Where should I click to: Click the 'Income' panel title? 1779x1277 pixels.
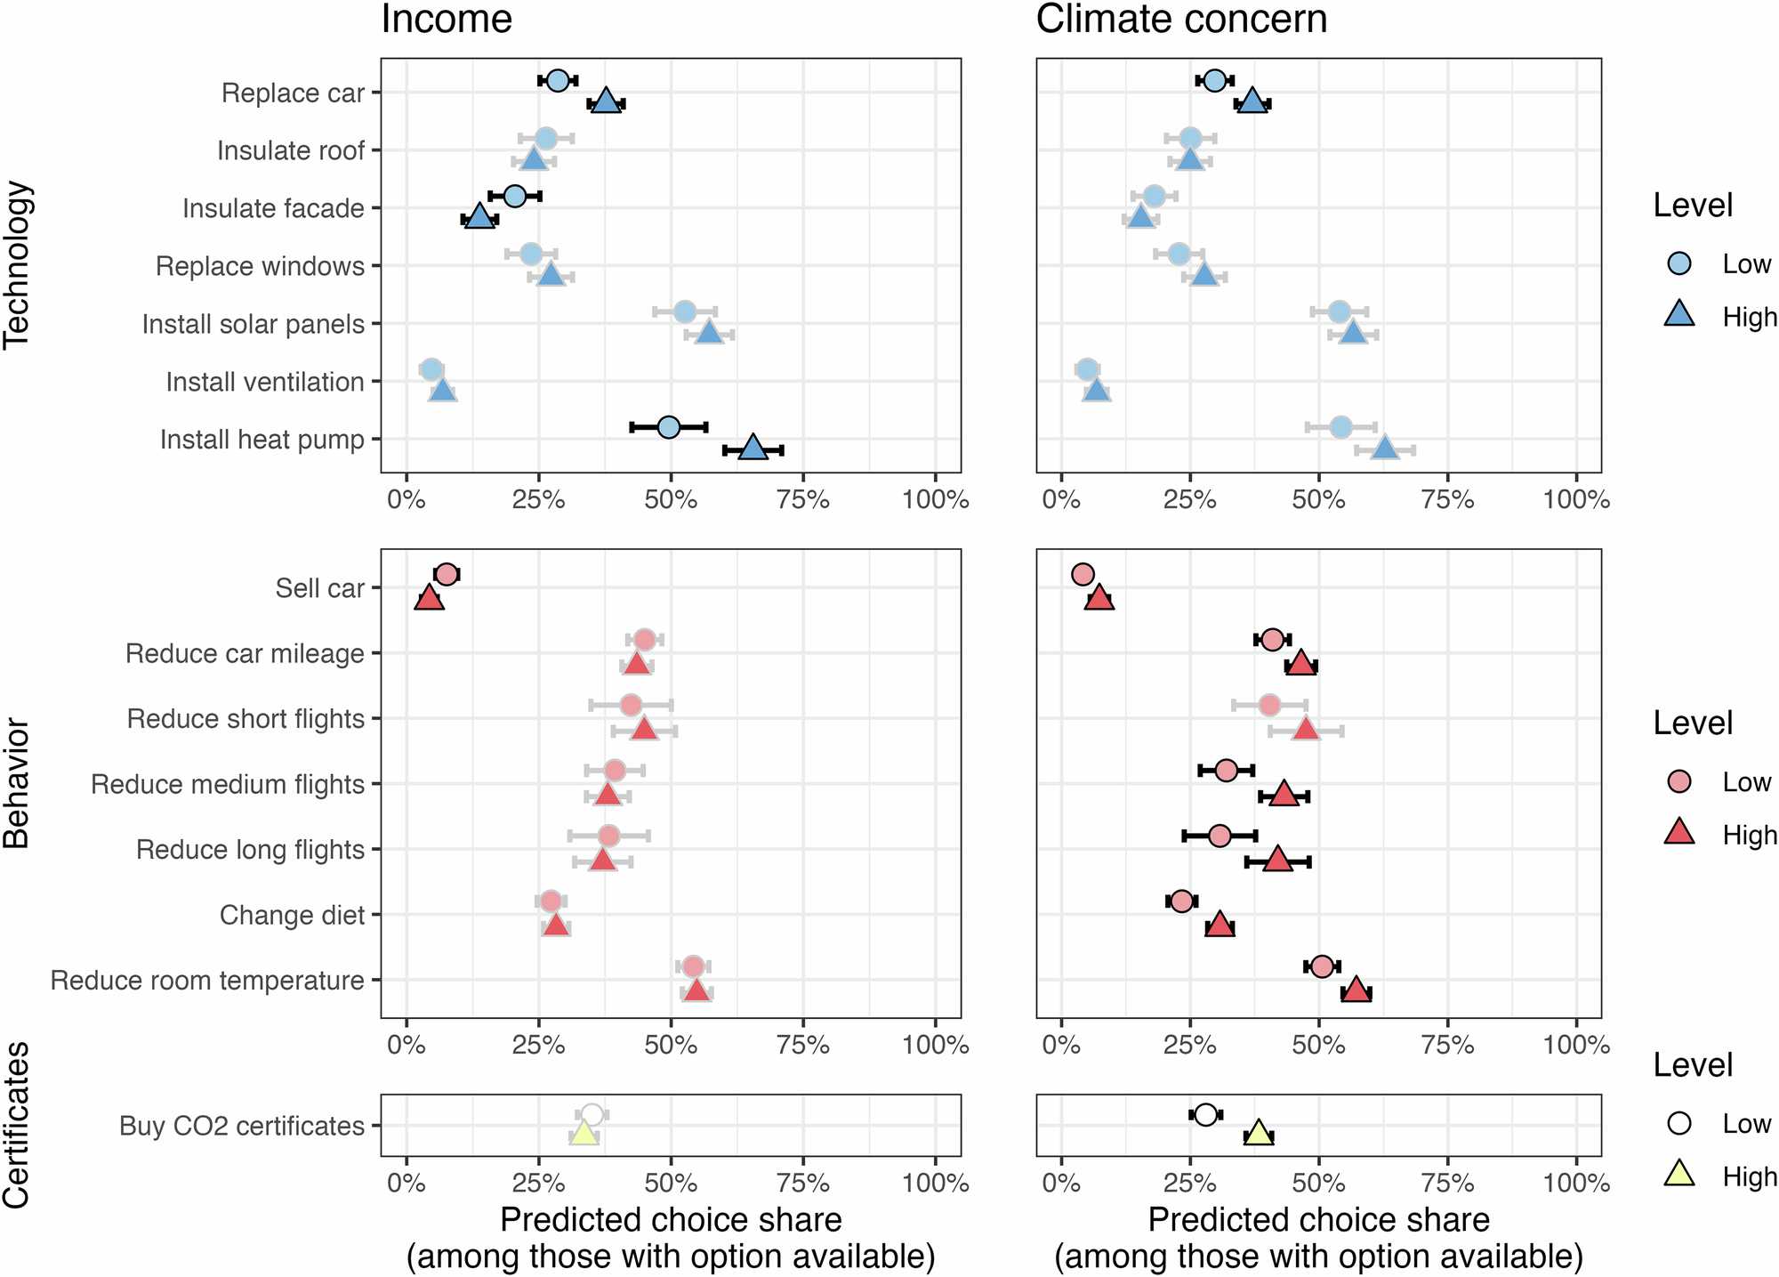[447, 20]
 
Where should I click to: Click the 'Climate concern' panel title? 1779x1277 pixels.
[1181, 20]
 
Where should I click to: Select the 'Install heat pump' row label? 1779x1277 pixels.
[262, 440]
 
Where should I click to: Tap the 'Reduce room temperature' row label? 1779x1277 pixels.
[207, 981]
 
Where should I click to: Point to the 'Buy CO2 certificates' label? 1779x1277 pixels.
[242, 1127]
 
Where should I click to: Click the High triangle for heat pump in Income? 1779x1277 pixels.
[753, 449]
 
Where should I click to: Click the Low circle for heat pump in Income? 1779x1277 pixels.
[669, 427]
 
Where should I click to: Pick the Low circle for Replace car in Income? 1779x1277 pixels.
[558, 81]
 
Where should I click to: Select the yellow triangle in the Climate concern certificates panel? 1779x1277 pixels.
[1258, 1134]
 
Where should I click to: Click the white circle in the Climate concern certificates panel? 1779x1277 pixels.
[1205, 1114]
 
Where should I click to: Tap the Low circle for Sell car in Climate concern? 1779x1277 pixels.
[1083, 574]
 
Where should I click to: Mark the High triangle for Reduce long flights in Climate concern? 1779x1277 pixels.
[1277, 860]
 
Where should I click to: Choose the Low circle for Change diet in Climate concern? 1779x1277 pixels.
[1181, 901]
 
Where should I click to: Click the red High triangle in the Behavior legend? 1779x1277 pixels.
[1679, 833]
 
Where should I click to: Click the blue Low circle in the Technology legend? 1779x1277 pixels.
[1679, 263]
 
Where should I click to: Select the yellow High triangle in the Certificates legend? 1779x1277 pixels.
[1679, 1175]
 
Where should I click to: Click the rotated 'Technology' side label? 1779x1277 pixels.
[18, 265]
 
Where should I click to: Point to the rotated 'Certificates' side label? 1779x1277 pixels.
[18, 1125]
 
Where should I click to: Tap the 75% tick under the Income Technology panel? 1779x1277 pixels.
[803, 500]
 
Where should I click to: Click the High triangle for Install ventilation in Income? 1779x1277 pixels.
[442, 392]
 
